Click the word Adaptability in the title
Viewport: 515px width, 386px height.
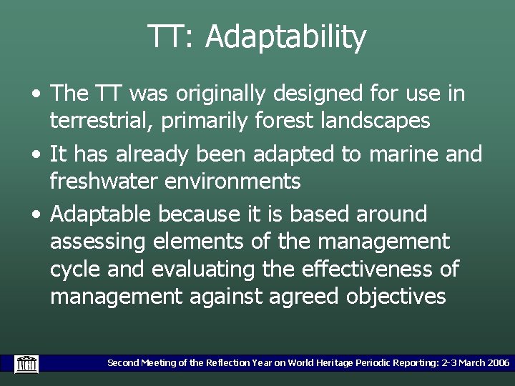click(x=285, y=37)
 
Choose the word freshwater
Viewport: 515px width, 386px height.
click(x=104, y=181)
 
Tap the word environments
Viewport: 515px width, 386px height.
click(x=232, y=181)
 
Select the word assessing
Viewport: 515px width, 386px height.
click(x=98, y=241)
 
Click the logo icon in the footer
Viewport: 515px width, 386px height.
click(x=26, y=363)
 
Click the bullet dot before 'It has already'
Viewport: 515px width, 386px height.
click(x=36, y=154)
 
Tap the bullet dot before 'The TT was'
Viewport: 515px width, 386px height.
click(x=36, y=94)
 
